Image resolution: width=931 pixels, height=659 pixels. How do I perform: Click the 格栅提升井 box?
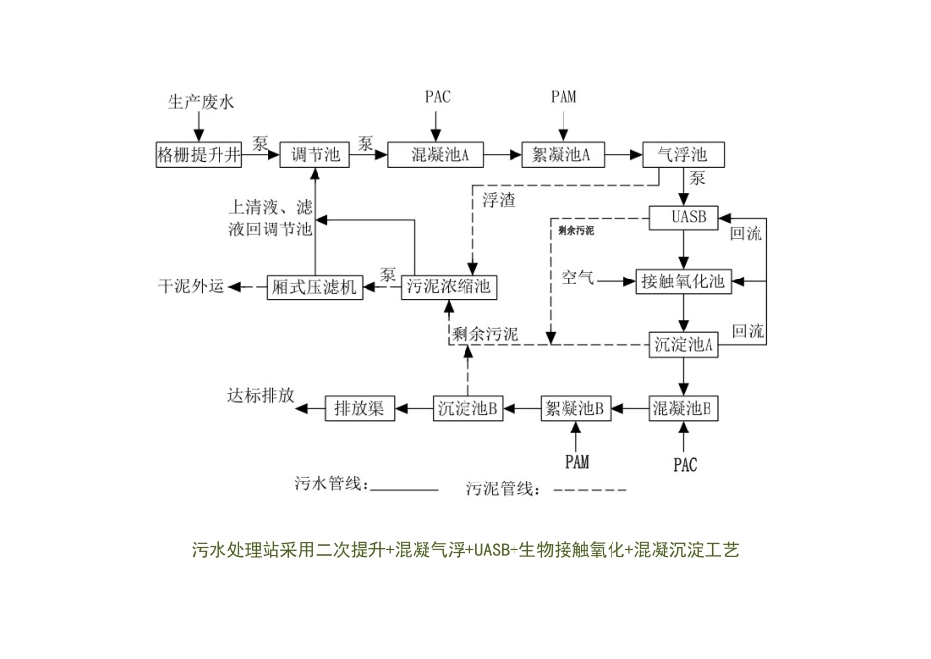pyautogui.click(x=199, y=154)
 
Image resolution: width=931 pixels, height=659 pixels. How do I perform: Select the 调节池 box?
pyautogui.click(x=315, y=154)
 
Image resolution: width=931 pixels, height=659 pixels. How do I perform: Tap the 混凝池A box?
pyautogui.click(x=434, y=154)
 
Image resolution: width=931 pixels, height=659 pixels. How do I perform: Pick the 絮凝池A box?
pyautogui.click(x=563, y=154)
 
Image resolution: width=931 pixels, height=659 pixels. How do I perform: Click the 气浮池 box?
pyautogui.click(x=682, y=154)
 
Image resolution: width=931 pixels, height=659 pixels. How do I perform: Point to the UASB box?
pyautogui.click(x=683, y=218)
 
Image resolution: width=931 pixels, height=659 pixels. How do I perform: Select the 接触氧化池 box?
pyautogui.click(x=683, y=281)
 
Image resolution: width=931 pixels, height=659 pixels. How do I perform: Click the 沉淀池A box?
pyautogui.click(x=683, y=344)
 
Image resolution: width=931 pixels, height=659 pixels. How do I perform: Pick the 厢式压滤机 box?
pyautogui.click(x=314, y=286)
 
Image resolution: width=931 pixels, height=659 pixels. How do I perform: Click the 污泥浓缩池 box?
pyautogui.click(x=449, y=286)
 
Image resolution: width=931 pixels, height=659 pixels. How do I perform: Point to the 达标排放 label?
pyautogui.click(x=260, y=394)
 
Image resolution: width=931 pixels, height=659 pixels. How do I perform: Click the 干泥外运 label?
pyautogui.click(x=192, y=286)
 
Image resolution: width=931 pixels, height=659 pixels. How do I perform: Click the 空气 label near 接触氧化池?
pyautogui.click(x=577, y=279)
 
